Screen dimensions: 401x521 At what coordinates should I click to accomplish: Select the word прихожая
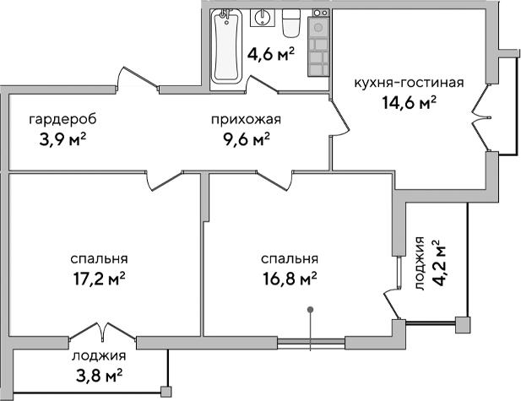246,119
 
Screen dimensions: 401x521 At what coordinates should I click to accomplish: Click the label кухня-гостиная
409,83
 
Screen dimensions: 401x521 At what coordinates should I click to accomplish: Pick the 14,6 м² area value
409,102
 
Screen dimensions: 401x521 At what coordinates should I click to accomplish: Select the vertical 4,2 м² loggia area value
438,264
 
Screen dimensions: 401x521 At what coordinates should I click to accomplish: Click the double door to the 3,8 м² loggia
99,332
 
